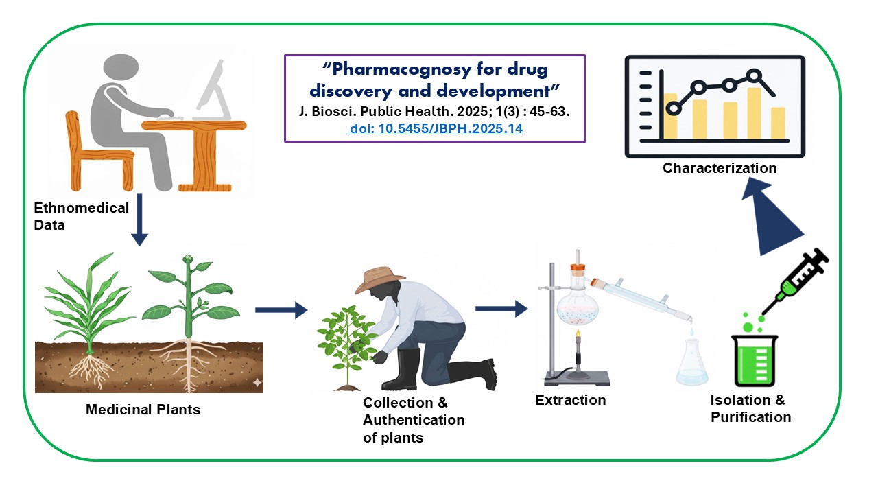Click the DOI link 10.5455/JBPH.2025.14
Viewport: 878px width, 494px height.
pos(436,128)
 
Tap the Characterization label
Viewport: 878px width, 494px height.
pos(720,168)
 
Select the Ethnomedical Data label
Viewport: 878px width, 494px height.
pos(81,215)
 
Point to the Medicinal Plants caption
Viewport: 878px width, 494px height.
pos(143,410)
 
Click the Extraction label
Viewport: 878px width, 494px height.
pos(571,399)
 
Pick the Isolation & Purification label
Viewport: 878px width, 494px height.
pos(750,408)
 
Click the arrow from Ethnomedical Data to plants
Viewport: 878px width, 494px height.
pos(139,220)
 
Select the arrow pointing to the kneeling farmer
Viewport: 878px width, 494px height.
pos(281,310)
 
